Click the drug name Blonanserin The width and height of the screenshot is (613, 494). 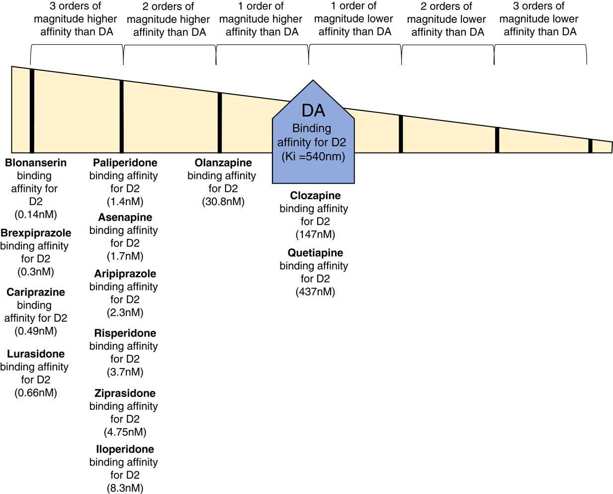(36, 163)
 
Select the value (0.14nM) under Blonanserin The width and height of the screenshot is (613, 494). (36, 214)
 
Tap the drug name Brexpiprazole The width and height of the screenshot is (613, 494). (36, 233)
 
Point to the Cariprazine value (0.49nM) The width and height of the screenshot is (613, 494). (36, 331)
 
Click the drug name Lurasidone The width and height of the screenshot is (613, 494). (36, 354)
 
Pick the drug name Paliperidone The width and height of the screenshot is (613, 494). (125, 163)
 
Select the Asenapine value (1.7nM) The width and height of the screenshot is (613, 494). (125, 256)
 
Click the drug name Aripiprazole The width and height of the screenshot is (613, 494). (125, 274)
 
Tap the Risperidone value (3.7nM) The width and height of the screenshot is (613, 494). (125, 372)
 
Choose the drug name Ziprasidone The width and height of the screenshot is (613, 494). (125, 393)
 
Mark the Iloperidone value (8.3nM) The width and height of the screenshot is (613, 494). (125, 488)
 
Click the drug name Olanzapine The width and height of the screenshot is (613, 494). (223, 163)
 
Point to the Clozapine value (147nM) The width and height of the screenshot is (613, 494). (315, 234)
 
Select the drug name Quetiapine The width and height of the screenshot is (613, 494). (315, 253)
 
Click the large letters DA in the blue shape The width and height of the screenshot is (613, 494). (313, 110)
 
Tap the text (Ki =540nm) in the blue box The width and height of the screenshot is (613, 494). (313, 156)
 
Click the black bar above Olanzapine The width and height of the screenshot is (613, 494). (220, 122)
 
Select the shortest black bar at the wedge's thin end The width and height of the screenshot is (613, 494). (590, 146)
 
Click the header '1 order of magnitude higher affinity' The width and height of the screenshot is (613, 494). (261, 19)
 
